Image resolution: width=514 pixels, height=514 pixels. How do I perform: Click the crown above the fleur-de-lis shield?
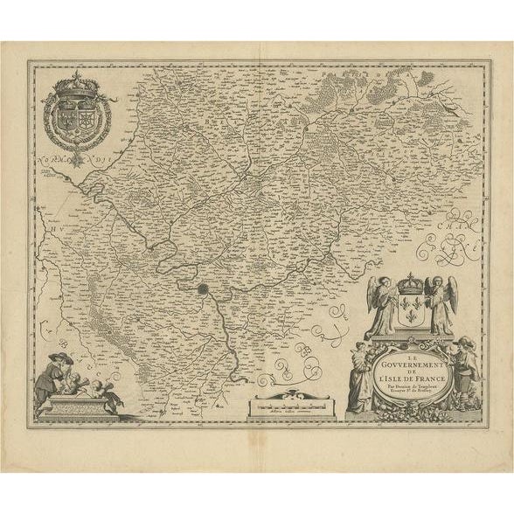pyautogui.click(x=411, y=286)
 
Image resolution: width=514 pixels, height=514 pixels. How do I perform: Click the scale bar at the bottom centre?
pyautogui.click(x=289, y=405)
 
